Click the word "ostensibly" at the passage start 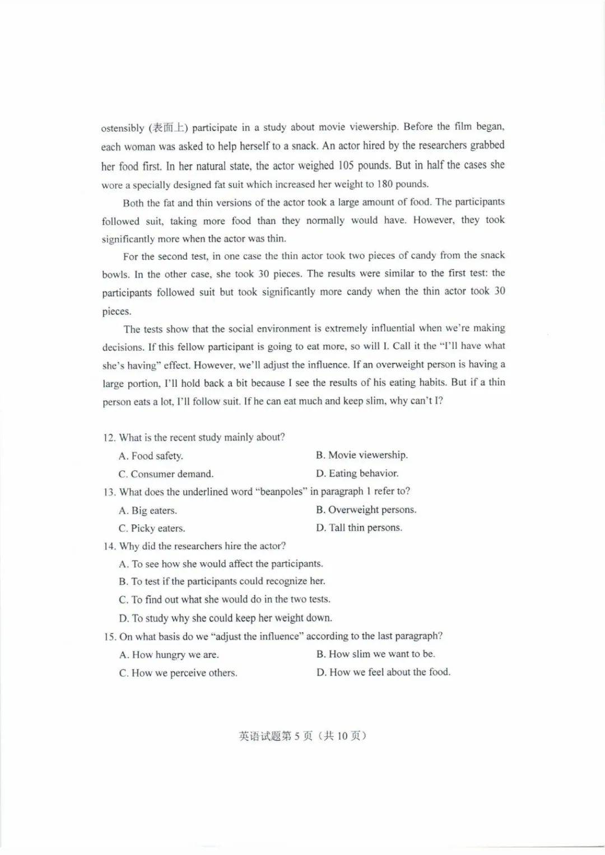[x=123, y=128]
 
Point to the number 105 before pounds [x=346, y=165]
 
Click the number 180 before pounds [x=384, y=184]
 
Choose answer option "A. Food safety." [x=151, y=456]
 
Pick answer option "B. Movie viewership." [x=361, y=455]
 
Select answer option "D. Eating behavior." [x=357, y=473]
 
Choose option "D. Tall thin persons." [x=359, y=527]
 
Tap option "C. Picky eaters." [x=151, y=528]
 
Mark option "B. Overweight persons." [x=366, y=510]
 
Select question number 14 [x=109, y=546]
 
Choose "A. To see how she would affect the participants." [x=221, y=564]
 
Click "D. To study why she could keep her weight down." [x=225, y=618]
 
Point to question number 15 [x=109, y=637]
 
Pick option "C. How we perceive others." [x=178, y=672]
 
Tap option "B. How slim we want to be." [x=375, y=654]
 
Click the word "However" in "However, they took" [x=434, y=219]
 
